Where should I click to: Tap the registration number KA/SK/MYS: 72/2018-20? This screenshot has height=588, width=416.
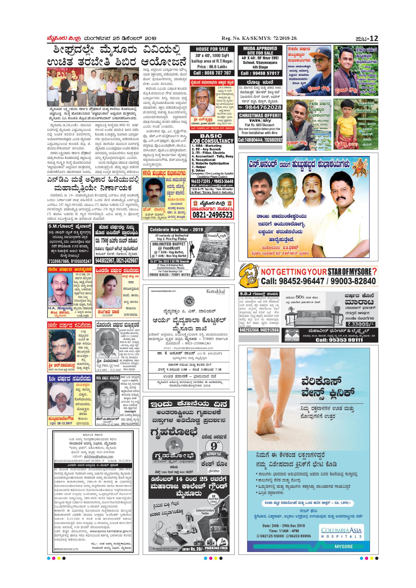259,39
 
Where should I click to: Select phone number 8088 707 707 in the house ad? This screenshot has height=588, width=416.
212,73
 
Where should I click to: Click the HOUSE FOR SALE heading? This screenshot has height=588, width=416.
212,49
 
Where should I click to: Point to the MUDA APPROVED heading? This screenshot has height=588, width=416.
260,48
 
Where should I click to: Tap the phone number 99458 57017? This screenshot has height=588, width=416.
260,73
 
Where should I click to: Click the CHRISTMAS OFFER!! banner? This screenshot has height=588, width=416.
260,115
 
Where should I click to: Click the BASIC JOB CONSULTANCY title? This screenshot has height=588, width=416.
212,138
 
